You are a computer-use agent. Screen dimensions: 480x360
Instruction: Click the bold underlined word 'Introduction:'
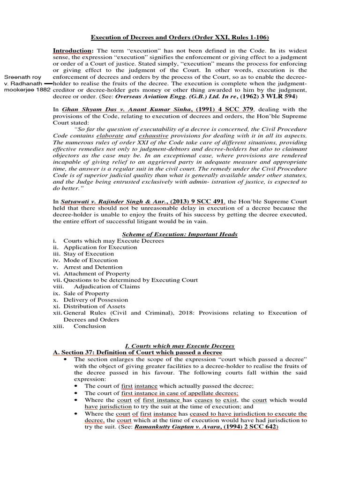[x=73, y=50]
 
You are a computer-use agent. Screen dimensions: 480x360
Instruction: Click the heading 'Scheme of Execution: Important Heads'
[x=180, y=234]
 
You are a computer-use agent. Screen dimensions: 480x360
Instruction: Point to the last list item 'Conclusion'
[x=90, y=326]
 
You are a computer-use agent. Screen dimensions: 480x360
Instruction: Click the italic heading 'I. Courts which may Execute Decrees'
[x=180, y=345]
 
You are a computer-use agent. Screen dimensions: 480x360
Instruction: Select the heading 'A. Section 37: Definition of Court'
[x=138, y=352]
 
